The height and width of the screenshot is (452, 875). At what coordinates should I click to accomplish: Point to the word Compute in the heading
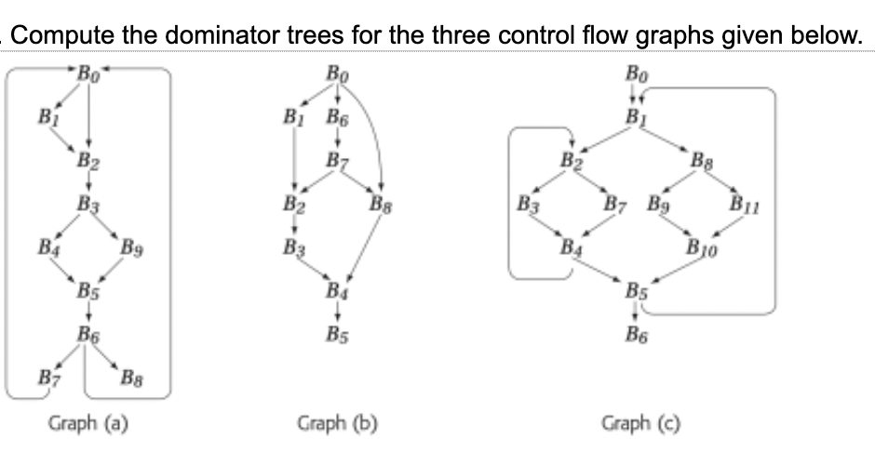(57, 38)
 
